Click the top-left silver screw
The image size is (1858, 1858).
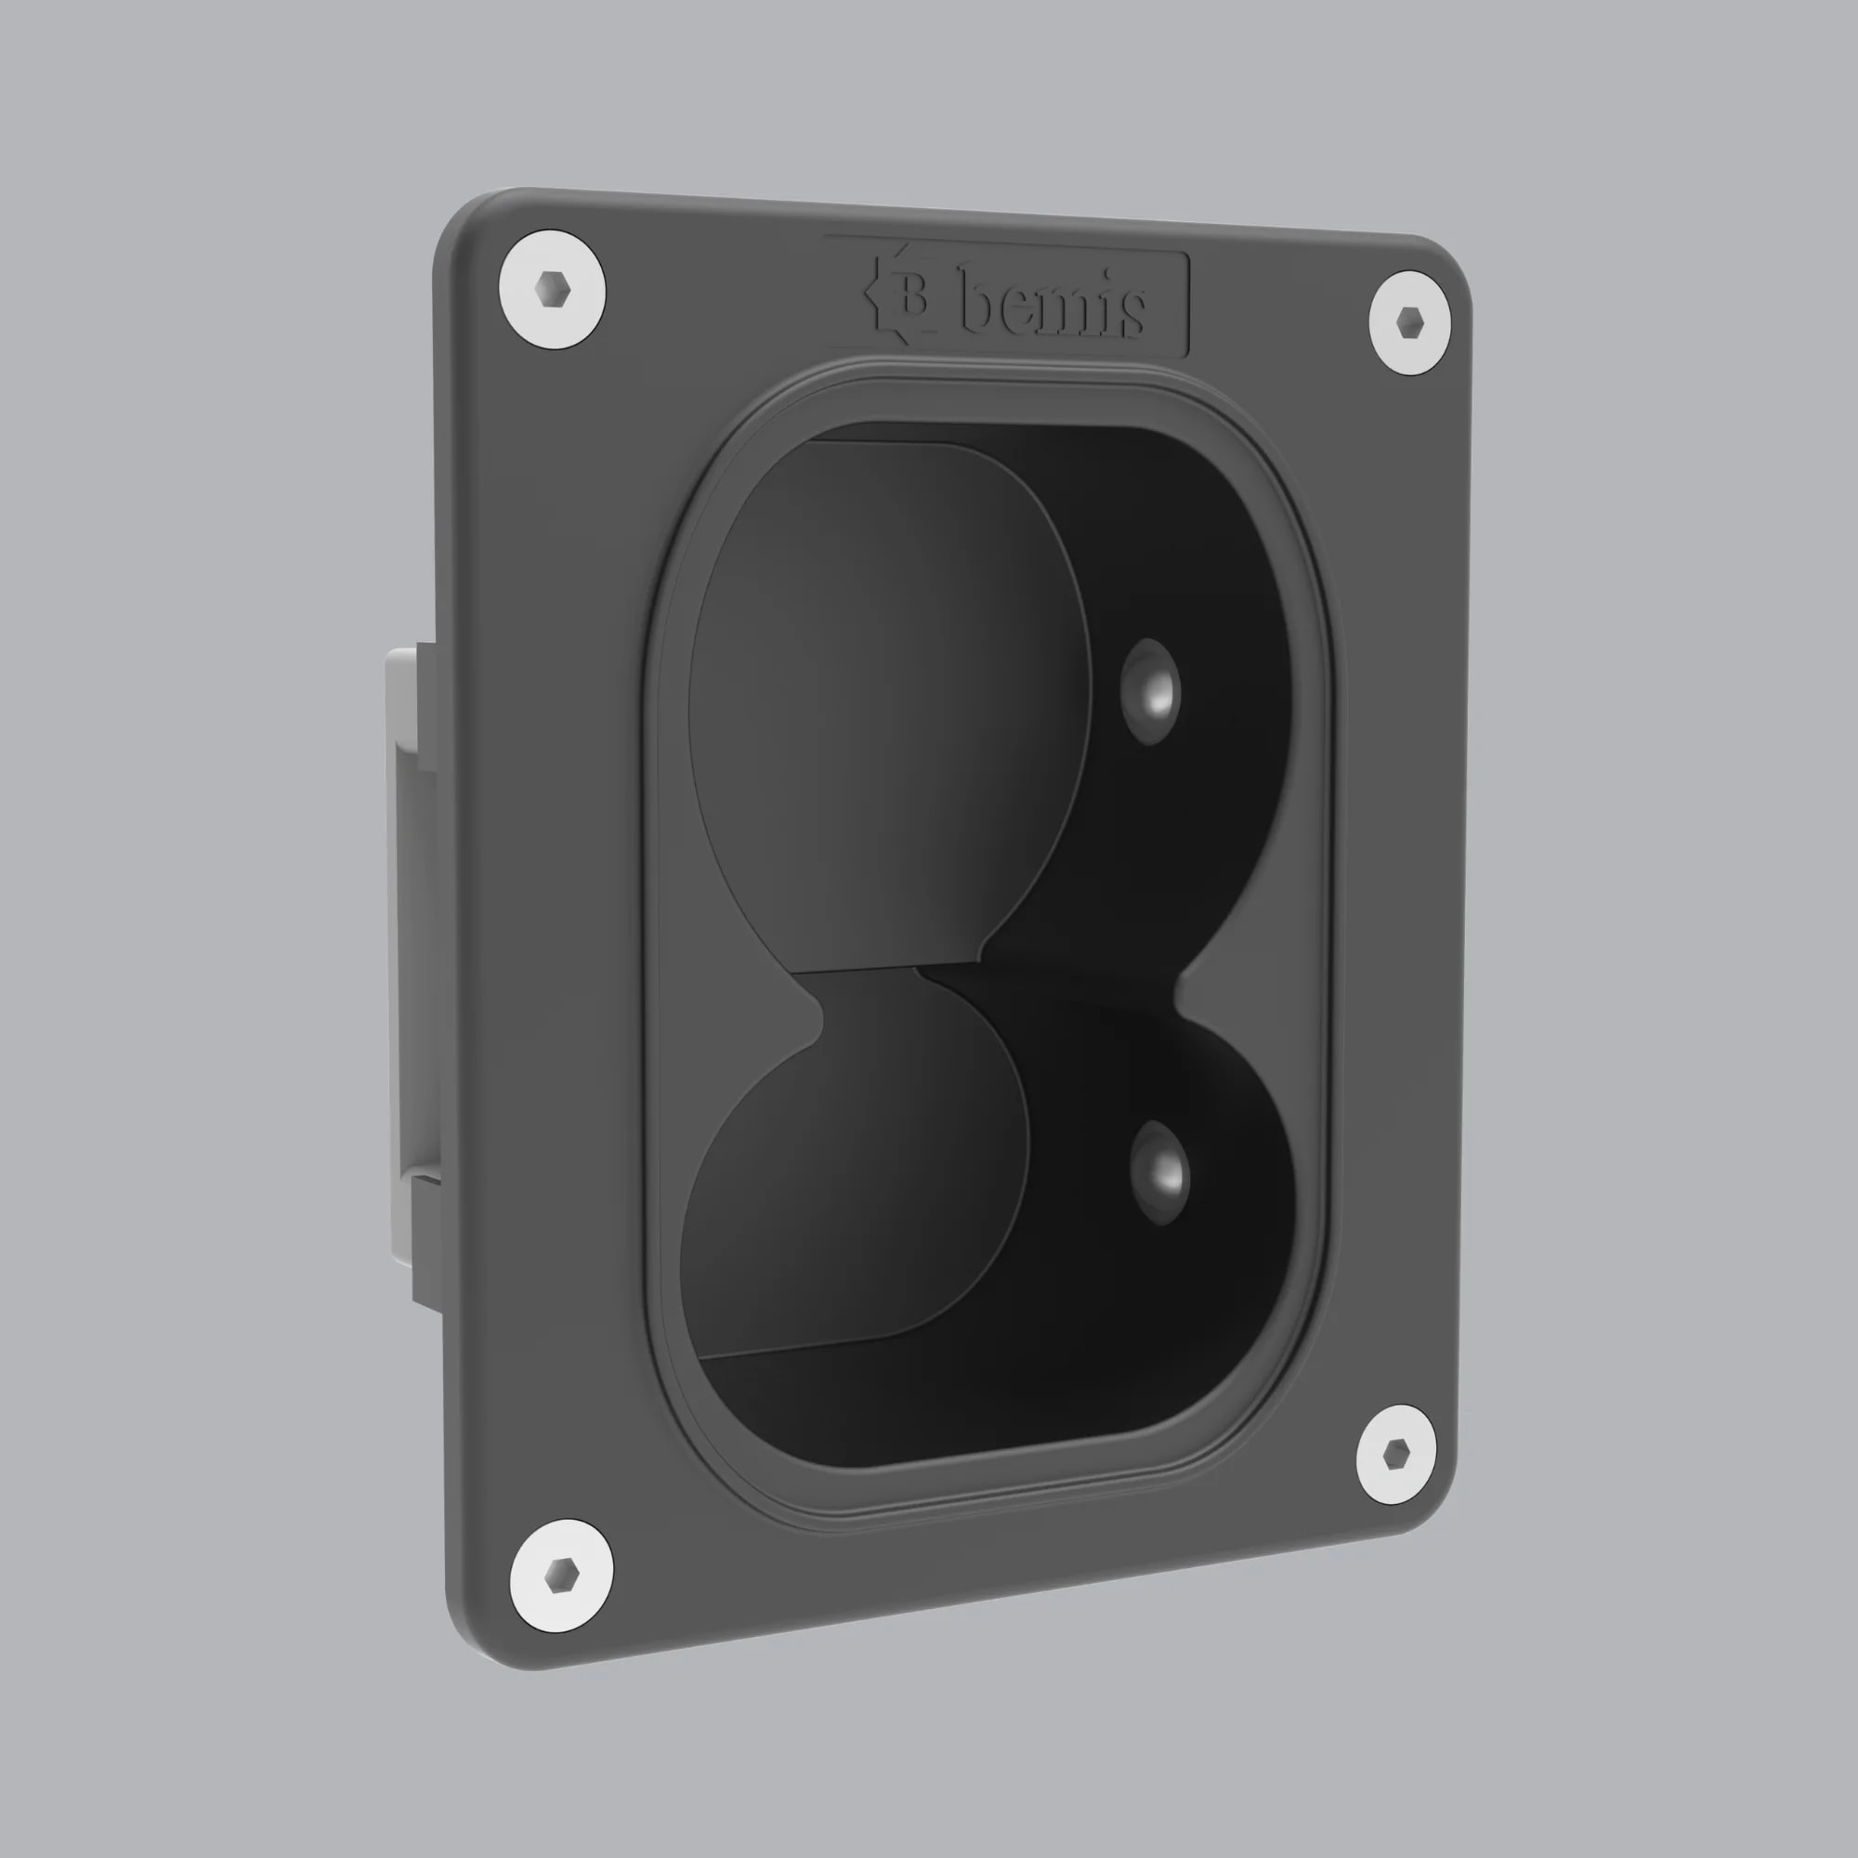pyautogui.click(x=552, y=290)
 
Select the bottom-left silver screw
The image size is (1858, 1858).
pyautogui.click(x=562, y=1576)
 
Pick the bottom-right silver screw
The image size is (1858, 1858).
pyautogui.click(x=1395, y=1455)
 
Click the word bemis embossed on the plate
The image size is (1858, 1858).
pyautogui.click(x=1053, y=306)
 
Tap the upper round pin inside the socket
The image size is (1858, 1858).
pyautogui.click(x=1150, y=691)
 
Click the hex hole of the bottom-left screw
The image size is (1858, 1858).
pyautogui.click(x=561, y=1576)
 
